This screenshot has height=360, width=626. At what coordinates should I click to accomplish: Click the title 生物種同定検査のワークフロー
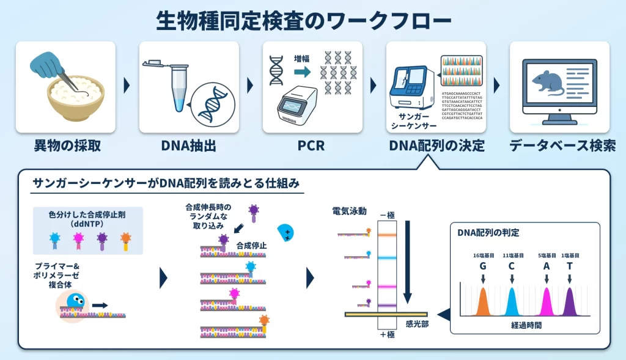(304, 20)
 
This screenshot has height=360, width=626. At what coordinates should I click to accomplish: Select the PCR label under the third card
(312, 146)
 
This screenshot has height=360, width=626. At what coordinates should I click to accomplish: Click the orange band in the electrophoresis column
(388, 234)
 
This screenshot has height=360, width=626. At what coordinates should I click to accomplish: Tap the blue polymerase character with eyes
(75, 301)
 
